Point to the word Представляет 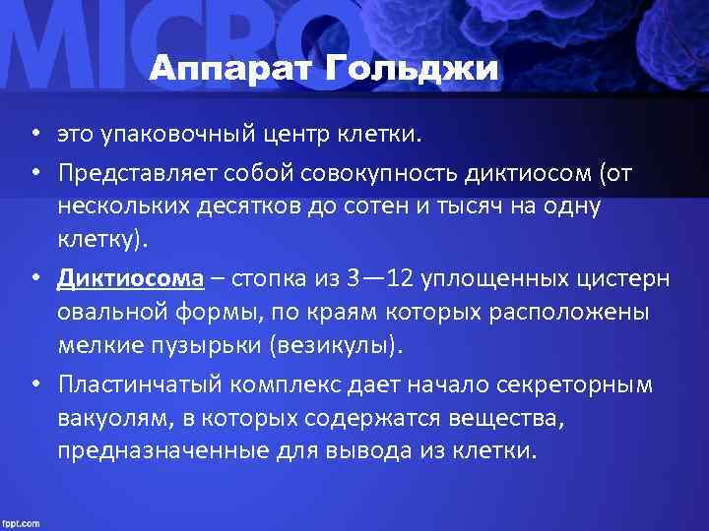click(134, 173)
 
